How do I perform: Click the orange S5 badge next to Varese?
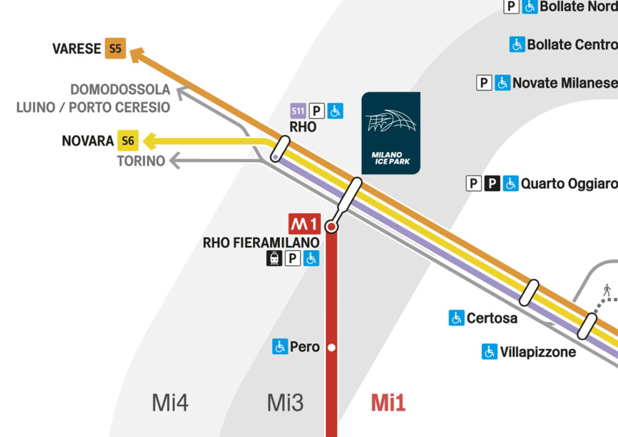(x=115, y=49)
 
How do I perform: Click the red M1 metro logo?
(x=304, y=224)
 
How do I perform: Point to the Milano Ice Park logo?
(x=390, y=133)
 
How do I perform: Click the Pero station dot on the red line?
(x=331, y=348)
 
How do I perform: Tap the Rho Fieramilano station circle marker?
(x=331, y=227)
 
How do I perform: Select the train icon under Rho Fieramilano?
(x=275, y=258)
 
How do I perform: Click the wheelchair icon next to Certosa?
(x=456, y=317)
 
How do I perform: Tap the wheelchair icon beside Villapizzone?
(x=489, y=351)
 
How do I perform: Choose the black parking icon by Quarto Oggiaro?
(x=492, y=183)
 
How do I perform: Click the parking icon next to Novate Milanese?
(x=484, y=83)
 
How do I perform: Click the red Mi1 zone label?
(x=387, y=403)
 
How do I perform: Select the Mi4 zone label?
(x=170, y=403)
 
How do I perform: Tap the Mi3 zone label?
(x=285, y=403)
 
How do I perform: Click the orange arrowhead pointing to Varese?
(x=137, y=55)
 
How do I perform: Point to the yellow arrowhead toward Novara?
(x=150, y=141)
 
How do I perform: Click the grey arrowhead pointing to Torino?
(x=176, y=161)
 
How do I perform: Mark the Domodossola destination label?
(x=120, y=90)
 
